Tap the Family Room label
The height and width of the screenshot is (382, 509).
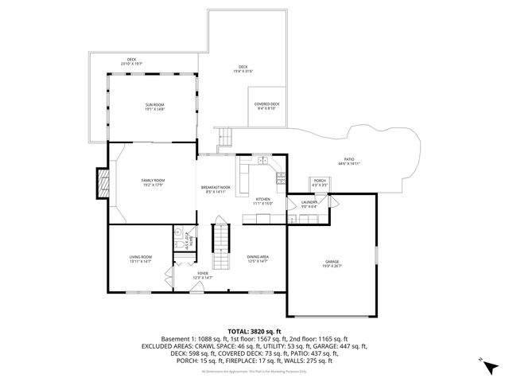coord(153,183)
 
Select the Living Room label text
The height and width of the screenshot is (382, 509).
coord(141,259)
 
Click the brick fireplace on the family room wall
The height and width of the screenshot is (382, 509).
coord(102,184)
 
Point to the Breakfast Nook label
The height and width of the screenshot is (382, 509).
coord(216,189)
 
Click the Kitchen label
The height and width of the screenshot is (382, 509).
coord(263,201)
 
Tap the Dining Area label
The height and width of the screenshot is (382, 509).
coord(258,259)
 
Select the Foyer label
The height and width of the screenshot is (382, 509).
coord(202,275)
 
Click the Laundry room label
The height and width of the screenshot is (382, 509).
coord(310,205)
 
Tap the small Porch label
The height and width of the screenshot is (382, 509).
coord(319,182)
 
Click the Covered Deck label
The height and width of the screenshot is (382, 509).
coord(266,106)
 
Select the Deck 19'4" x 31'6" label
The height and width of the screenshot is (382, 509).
coord(243,68)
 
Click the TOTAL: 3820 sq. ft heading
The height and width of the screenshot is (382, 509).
coord(254,330)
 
